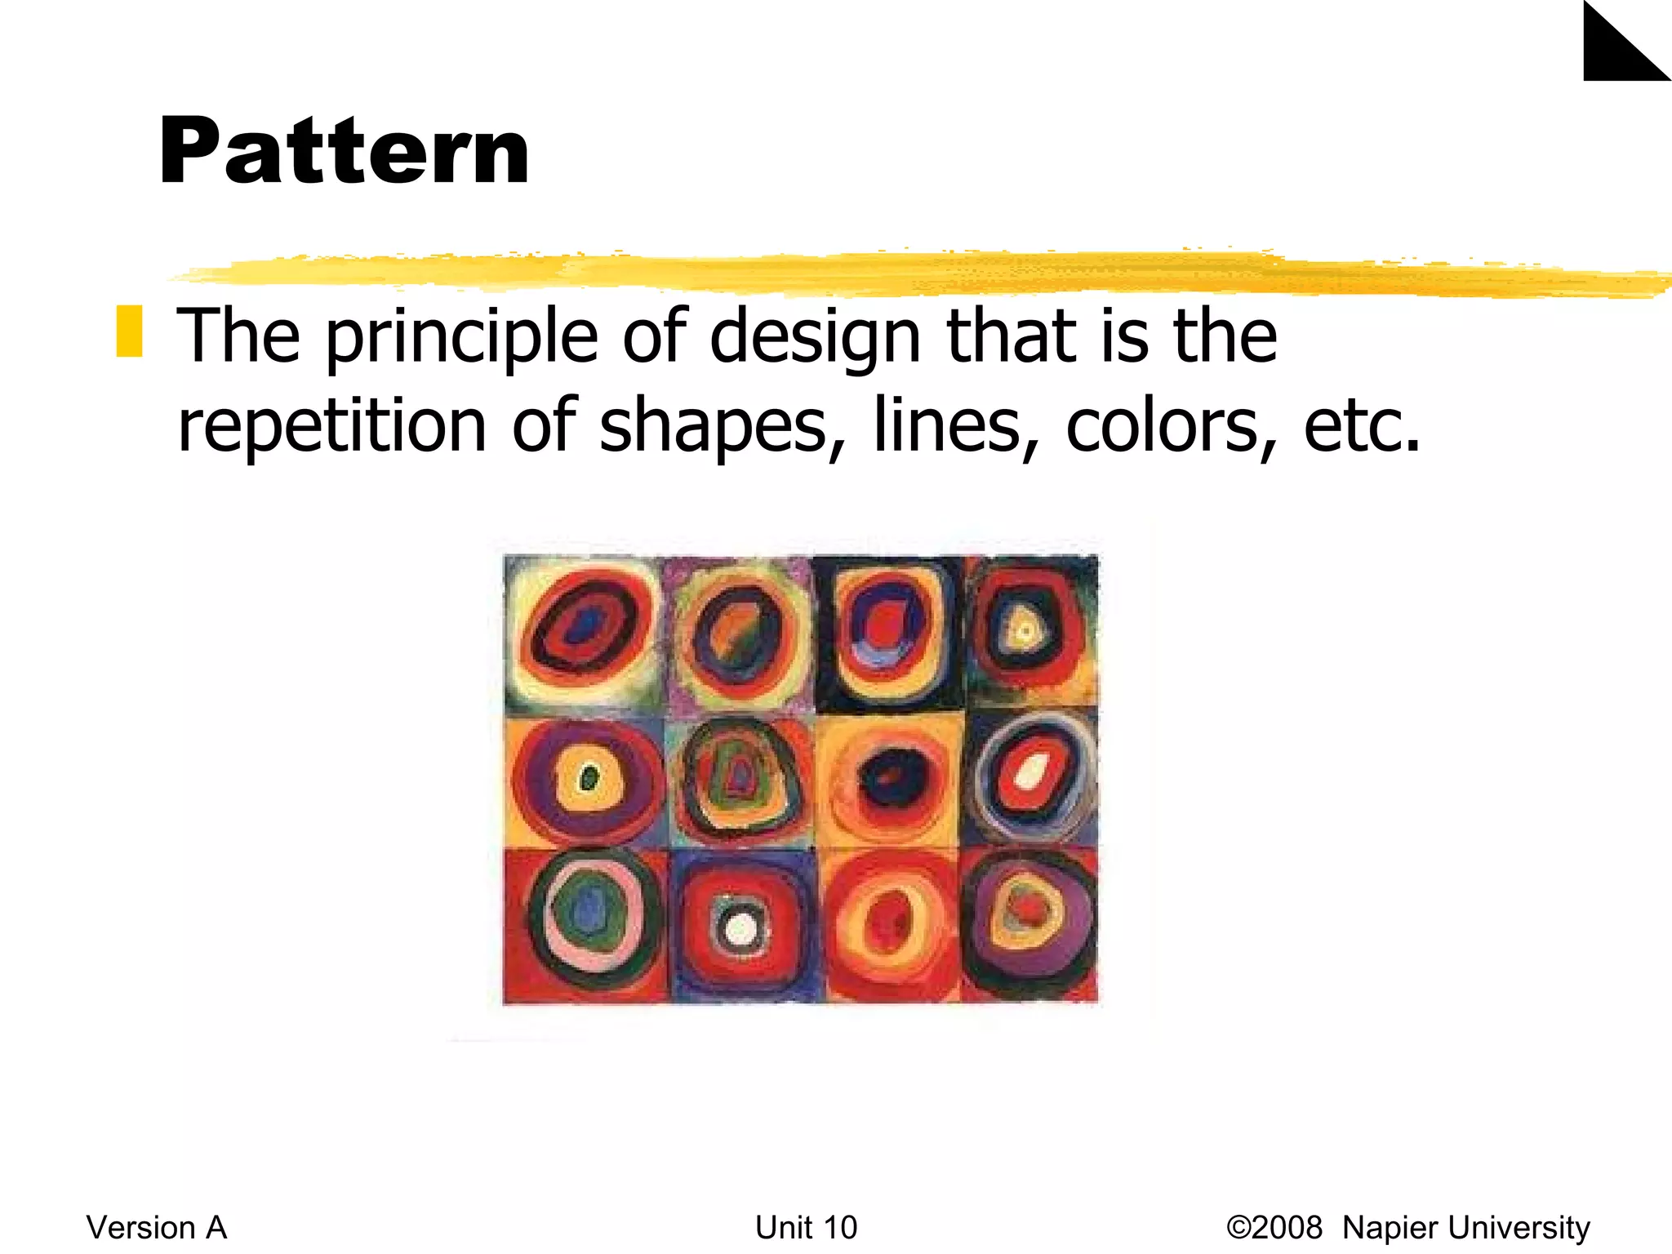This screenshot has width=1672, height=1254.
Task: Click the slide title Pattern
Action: pyautogui.click(x=345, y=153)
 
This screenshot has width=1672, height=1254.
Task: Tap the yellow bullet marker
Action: pyautogui.click(x=129, y=331)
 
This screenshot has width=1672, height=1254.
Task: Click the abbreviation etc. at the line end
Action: pyautogui.click(x=1361, y=425)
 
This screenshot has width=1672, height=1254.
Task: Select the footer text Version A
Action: pyautogui.click(x=157, y=1227)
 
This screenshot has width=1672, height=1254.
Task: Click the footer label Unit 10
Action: pyautogui.click(x=806, y=1227)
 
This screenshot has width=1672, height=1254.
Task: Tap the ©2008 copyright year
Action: pyautogui.click(x=1274, y=1227)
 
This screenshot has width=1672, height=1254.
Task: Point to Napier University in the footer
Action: pyautogui.click(x=1465, y=1227)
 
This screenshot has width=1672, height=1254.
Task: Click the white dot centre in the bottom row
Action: pyautogui.click(x=741, y=928)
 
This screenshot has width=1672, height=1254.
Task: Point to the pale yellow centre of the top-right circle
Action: pyautogui.click(x=1024, y=630)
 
